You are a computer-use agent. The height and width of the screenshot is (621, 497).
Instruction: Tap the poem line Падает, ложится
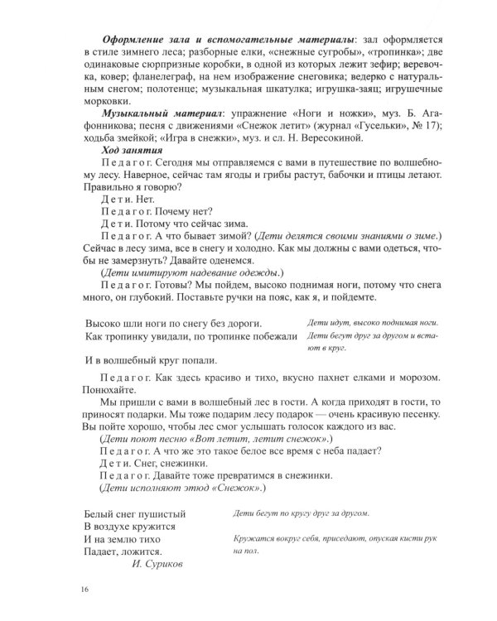coord(123,551)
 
